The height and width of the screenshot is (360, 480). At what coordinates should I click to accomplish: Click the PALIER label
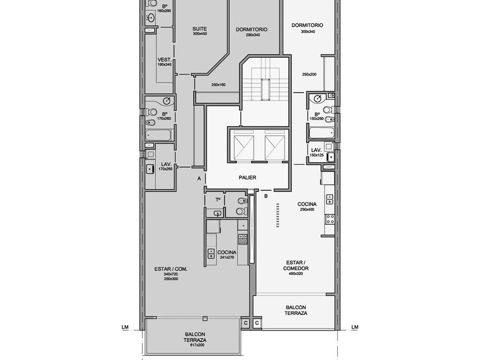click(247, 178)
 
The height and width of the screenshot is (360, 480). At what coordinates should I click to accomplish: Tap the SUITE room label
click(199, 29)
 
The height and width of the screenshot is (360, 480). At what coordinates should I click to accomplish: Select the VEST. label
click(165, 59)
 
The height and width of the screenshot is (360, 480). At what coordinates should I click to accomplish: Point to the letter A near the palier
click(199, 178)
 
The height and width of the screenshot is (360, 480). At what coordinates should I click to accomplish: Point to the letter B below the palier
click(266, 196)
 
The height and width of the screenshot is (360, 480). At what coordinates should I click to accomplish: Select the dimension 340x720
click(171, 274)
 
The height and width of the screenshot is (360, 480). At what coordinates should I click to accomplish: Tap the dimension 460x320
click(296, 273)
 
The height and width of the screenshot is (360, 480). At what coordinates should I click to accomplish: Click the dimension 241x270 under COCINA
click(227, 258)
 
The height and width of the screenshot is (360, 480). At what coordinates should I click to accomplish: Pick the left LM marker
click(125, 327)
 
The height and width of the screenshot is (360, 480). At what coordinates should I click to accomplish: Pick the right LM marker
click(355, 327)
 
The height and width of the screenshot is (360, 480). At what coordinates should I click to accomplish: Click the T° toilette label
click(218, 200)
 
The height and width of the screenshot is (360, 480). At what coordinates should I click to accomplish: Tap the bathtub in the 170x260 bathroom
click(158, 135)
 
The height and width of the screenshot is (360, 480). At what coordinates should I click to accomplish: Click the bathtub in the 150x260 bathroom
click(321, 133)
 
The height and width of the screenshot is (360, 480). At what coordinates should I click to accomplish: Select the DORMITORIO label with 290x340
click(251, 30)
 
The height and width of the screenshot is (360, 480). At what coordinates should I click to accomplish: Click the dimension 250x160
click(218, 85)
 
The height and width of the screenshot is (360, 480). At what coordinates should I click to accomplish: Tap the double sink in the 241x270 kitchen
click(211, 254)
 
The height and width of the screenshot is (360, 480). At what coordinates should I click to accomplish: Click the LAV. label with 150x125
click(316, 150)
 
